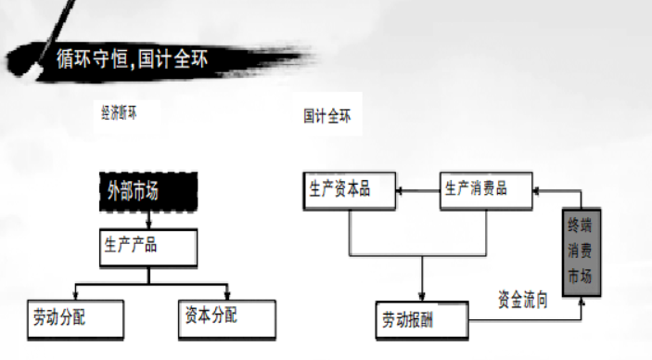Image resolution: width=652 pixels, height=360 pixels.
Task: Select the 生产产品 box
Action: tap(148, 246)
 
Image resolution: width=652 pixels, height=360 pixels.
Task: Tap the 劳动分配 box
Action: tap(75, 317)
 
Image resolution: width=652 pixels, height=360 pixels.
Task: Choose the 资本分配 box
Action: tap(225, 317)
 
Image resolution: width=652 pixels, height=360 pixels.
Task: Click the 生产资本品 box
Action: tap(350, 189)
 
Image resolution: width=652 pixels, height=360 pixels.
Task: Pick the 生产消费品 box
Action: tap(486, 189)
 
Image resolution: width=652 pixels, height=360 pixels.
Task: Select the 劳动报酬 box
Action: tap(422, 319)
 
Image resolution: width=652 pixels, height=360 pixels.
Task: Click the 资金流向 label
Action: tap(523, 301)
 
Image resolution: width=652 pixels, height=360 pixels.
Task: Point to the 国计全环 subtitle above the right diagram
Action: tap(326, 117)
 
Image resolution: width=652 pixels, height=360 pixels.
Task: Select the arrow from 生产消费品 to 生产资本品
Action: tap(417, 190)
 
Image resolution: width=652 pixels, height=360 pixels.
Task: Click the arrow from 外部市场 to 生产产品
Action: tap(148, 219)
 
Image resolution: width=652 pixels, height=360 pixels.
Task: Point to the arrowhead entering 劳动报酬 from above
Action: tap(422, 296)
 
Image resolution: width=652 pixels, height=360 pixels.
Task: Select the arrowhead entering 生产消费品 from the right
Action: tap(539, 189)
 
